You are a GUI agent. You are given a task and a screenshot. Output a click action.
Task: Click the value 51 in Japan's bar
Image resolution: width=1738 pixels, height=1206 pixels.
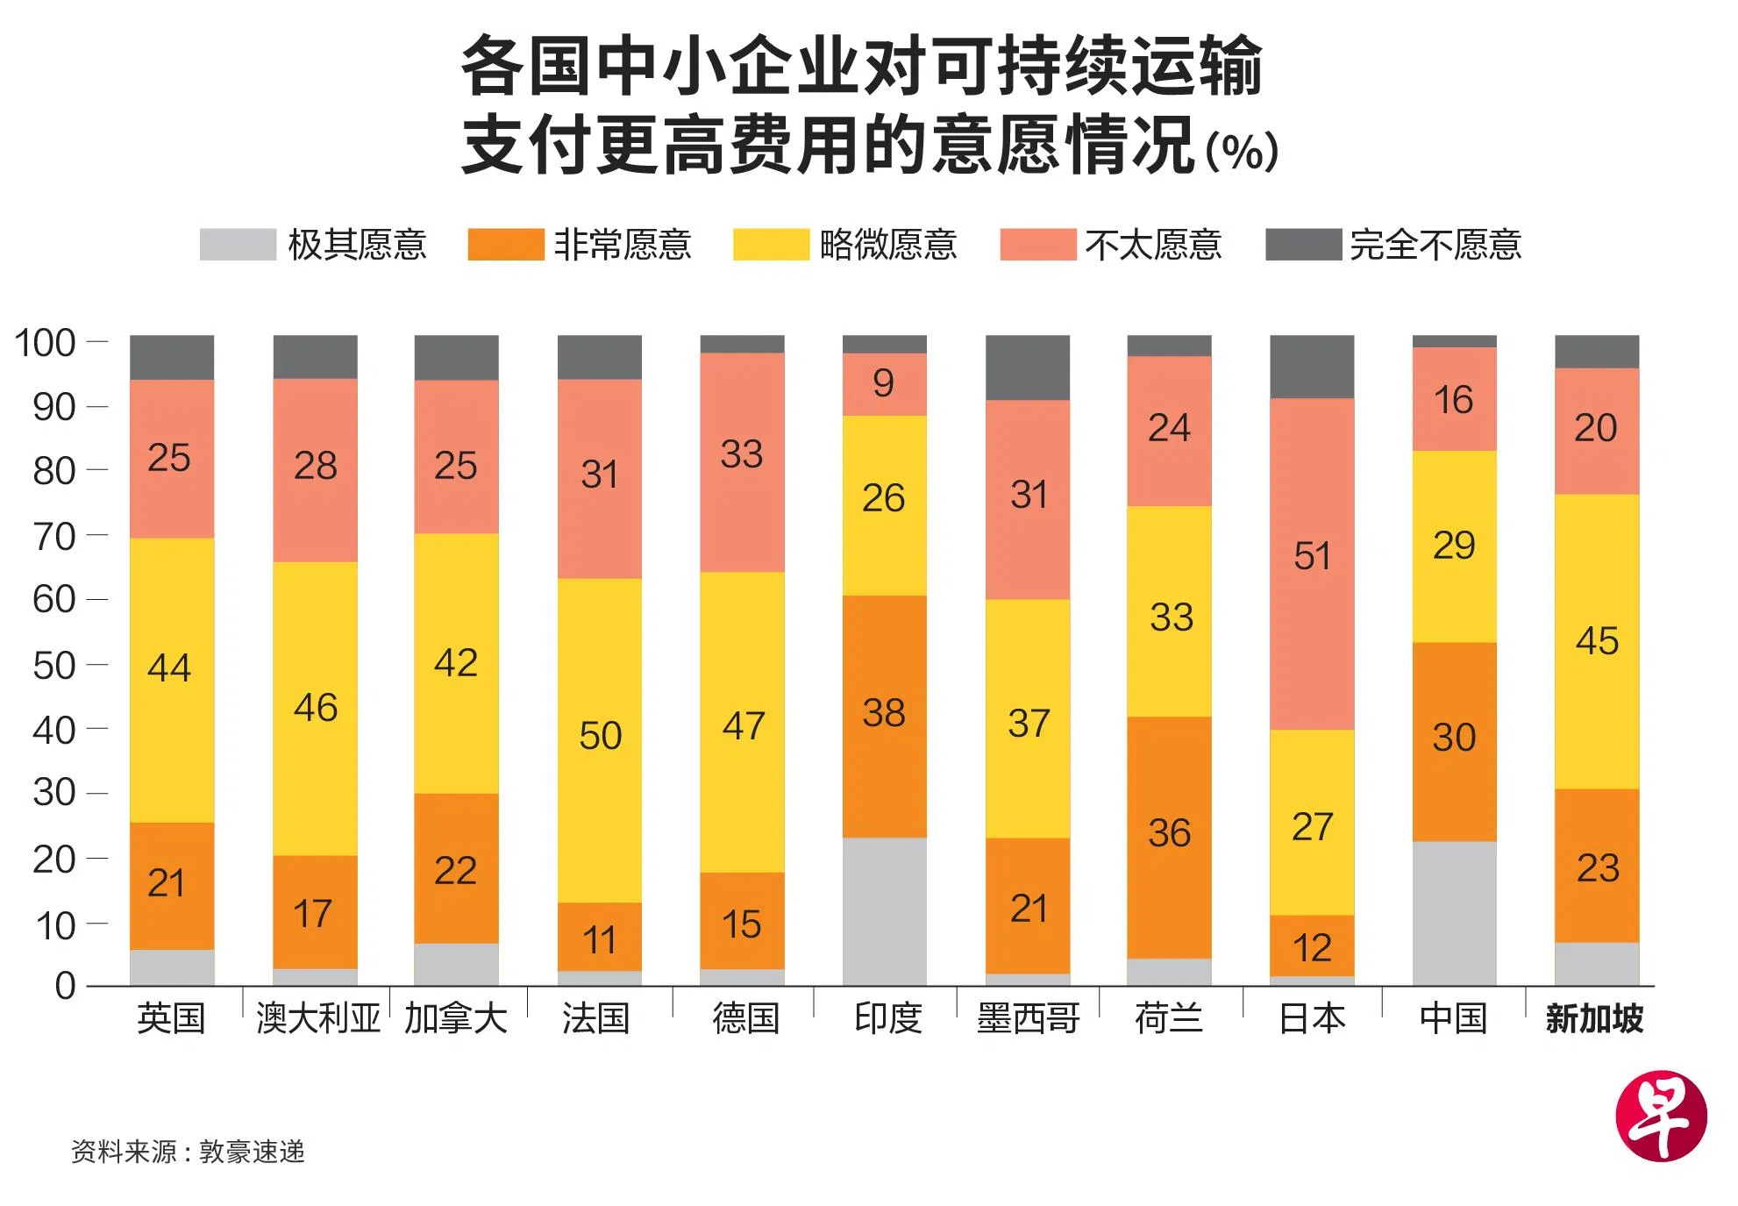click(1312, 556)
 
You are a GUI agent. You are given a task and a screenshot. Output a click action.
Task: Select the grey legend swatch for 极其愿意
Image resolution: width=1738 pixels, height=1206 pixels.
click(238, 245)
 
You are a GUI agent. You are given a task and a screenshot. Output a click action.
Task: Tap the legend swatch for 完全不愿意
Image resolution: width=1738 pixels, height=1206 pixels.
click(1303, 245)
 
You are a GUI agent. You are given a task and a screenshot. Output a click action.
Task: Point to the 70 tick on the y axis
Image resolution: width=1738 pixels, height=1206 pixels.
click(54, 535)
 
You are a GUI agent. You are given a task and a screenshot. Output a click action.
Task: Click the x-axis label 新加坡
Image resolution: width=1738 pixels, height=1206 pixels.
click(1594, 1018)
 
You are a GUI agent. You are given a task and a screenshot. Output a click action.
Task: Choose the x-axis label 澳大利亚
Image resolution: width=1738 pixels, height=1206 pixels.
click(317, 1018)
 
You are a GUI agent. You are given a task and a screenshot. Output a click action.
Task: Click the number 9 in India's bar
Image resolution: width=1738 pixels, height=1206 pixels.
click(883, 383)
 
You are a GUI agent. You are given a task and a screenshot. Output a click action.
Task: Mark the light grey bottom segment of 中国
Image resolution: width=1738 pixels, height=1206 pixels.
click(1454, 912)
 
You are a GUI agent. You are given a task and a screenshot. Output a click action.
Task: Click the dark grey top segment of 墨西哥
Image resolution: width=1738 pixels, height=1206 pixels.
click(1027, 368)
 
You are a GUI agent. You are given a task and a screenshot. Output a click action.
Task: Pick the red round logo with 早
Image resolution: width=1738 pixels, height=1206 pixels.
click(1661, 1117)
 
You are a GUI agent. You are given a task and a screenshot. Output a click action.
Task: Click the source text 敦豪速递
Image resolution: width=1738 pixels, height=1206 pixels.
click(252, 1152)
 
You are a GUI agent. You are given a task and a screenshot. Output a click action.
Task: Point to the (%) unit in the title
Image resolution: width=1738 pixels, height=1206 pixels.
click(1242, 151)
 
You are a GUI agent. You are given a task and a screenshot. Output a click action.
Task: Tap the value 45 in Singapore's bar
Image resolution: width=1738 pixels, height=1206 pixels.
click(1597, 641)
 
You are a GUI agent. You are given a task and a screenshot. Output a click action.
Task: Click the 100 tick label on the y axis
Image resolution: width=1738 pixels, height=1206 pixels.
click(45, 343)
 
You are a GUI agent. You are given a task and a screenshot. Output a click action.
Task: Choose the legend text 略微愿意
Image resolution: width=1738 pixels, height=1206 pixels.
click(887, 245)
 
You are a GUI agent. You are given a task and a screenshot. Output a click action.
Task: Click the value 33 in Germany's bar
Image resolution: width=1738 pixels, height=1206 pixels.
click(742, 454)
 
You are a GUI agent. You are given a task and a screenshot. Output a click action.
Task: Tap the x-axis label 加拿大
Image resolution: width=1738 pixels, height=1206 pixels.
click(456, 1018)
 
